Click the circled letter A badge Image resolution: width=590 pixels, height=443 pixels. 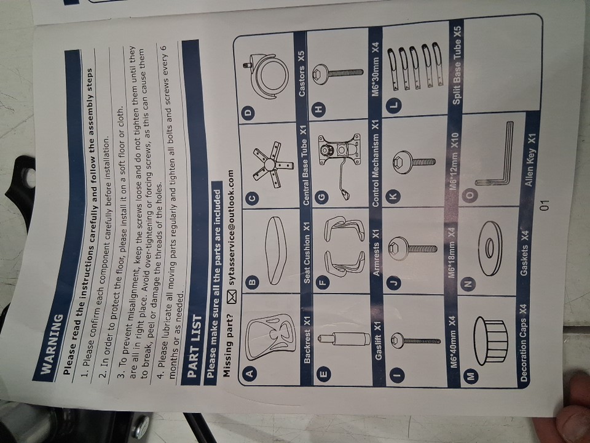pyautogui.click(x=250, y=373)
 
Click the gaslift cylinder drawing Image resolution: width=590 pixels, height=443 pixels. pyautogui.click(x=342, y=340)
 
